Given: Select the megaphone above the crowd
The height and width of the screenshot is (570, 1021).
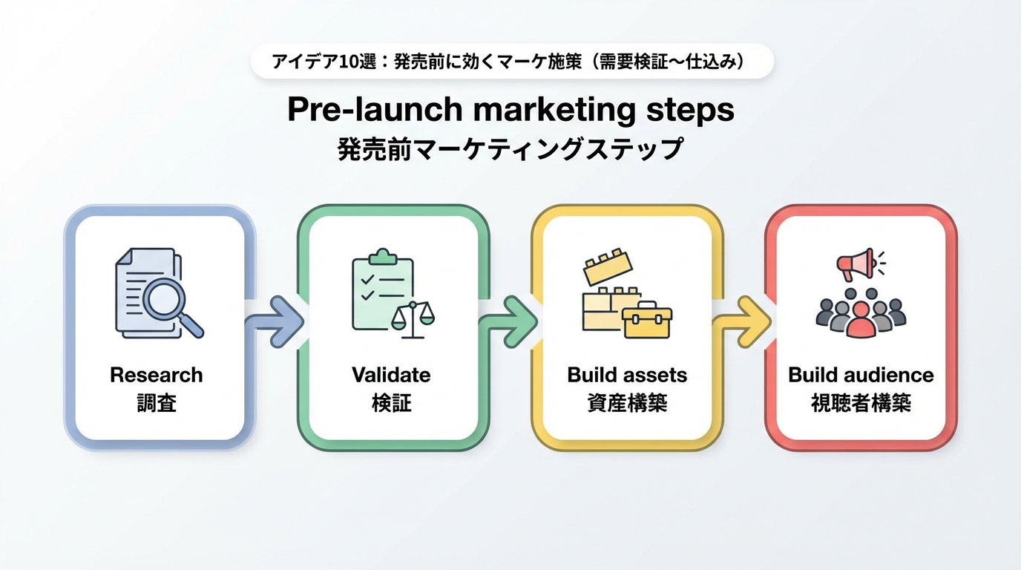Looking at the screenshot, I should coord(856,263).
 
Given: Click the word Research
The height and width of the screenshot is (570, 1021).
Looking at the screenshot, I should coord(156,375).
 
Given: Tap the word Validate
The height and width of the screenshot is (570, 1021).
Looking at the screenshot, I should coord(391,375).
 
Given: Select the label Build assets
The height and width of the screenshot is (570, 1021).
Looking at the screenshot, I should coord(627,375).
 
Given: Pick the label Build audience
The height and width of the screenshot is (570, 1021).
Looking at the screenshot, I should coord(861,375).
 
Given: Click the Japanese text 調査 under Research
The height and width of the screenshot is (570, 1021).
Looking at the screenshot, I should coord(156,403).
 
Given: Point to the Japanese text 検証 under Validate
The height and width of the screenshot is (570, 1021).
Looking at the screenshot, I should coord(391,403).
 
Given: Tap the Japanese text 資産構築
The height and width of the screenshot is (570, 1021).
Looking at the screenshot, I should coord(627,403).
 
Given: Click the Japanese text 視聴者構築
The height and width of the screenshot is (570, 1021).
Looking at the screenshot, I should coord(861,403).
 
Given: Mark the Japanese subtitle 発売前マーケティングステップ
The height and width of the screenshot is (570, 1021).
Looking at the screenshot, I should coord(510,149).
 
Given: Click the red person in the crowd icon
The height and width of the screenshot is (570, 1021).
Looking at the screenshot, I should coord(861,319).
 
